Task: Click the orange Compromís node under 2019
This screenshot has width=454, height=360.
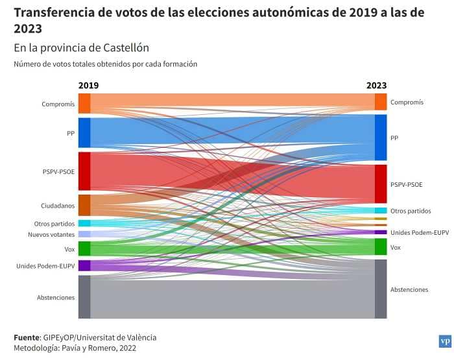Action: point(84,104)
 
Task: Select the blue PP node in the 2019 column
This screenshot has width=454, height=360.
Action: point(84,133)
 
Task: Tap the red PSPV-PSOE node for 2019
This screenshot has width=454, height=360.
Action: point(84,171)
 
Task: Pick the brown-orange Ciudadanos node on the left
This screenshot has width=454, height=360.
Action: point(84,205)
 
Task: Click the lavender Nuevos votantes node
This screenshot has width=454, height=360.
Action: point(84,234)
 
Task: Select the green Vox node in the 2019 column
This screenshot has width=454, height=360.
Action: point(84,248)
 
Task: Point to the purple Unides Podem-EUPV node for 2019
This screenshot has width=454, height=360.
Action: point(84,265)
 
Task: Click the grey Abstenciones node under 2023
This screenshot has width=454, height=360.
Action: point(381,289)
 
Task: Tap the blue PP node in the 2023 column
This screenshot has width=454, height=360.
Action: point(381,138)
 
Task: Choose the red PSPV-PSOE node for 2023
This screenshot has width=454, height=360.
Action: point(381,184)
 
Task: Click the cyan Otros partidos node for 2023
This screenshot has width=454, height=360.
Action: point(381,211)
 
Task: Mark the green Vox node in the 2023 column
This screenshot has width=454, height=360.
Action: point(381,247)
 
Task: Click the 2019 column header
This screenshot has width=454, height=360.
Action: point(88,86)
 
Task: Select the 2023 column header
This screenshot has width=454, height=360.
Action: point(376,86)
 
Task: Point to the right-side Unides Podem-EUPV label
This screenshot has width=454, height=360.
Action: point(420,232)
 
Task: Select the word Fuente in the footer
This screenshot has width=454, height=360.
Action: point(27,337)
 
